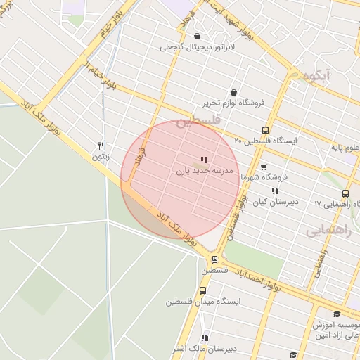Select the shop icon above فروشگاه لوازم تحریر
click(233, 92)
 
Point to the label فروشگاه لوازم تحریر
click(233, 103)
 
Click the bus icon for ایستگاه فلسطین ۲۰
click(265, 130)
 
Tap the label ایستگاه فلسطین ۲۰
click(266, 141)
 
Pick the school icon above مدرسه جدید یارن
click(204, 160)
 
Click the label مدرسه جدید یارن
click(203, 170)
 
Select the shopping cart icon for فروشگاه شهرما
click(264, 167)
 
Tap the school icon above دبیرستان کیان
click(275, 190)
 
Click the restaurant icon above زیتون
click(101, 146)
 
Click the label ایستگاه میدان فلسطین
click(203, 302)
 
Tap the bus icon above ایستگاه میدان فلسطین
click(202, 290)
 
